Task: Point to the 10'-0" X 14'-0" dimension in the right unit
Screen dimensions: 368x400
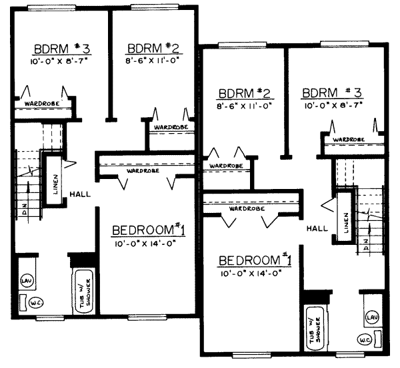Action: [x=255, y=274]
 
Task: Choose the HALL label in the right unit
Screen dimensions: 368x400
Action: [x=317, y=228]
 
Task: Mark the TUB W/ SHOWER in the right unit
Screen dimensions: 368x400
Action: [x=315, y=328]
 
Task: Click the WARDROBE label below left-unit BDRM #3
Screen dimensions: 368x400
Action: [x=40, y=104]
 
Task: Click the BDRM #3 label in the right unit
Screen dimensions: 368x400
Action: [x=331, y=92]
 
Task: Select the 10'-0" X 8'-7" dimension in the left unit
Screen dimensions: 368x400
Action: [x=59, y=61]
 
